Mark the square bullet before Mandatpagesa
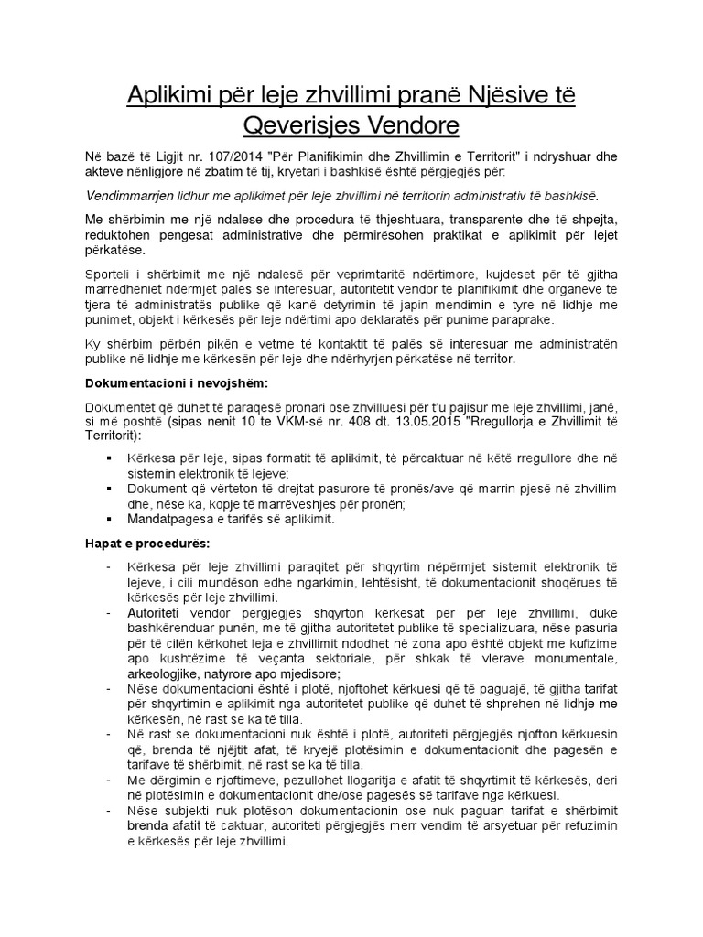(x=110, y=519)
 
